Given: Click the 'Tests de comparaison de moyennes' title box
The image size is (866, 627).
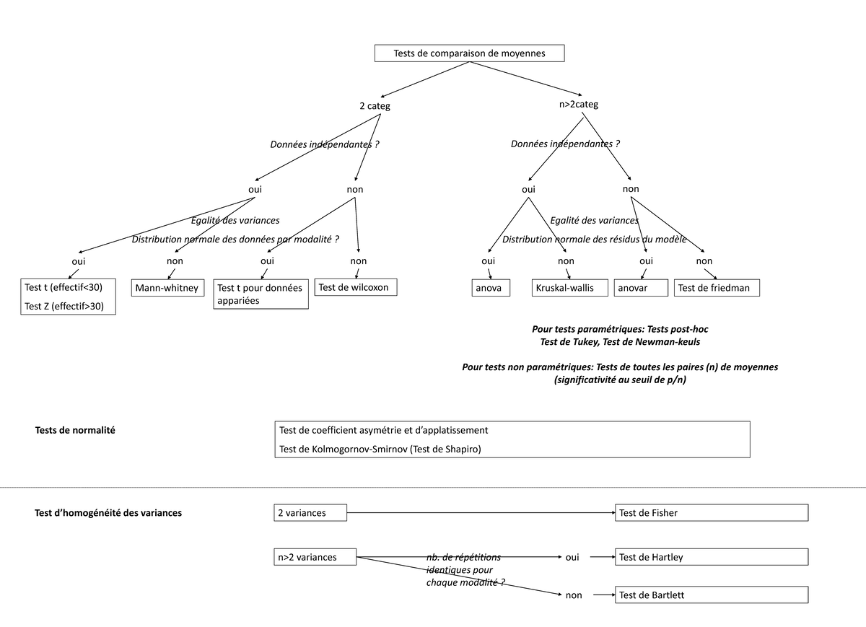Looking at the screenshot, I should pos(469,53).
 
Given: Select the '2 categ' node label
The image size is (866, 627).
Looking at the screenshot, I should pos(375,106).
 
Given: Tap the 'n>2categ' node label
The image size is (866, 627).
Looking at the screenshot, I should pos(578,105).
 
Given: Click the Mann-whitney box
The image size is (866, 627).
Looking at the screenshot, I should pos(167,289).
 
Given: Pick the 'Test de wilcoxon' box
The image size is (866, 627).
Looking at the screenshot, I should pos(355,287).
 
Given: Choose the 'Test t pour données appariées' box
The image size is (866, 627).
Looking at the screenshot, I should pos(261,294).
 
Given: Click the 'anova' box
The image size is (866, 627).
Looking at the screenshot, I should pos(490,288).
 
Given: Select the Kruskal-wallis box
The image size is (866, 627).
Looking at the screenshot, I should pos(567,288).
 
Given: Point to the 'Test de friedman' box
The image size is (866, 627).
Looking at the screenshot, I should pos(716,288).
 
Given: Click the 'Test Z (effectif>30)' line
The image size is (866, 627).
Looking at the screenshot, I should pos(64,306).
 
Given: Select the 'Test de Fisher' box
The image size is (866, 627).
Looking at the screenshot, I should pos(711,513).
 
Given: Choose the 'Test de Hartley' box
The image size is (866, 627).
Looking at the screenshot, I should pos(711,557).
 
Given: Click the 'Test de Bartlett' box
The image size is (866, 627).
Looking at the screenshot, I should pos(711,595).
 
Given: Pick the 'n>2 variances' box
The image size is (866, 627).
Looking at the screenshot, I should pos(315,557).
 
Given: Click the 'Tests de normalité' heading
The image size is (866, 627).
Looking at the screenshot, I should pos(75,430).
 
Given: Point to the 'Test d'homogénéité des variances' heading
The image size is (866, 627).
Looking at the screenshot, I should pos(108,513).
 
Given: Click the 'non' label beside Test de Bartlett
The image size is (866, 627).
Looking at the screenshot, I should pos(573,595).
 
